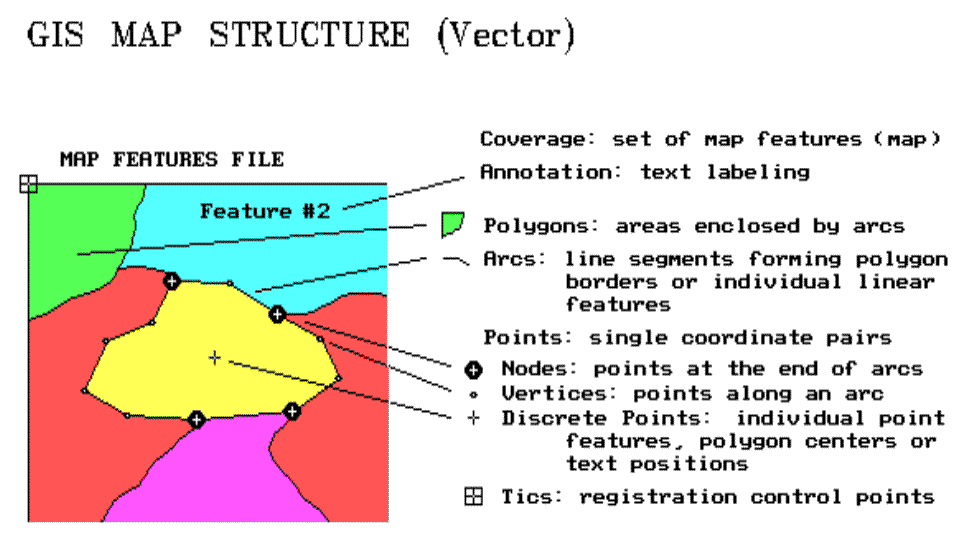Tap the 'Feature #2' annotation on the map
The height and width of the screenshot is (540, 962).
click(265, 211)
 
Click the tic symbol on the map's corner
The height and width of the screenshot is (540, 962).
click(28, 183)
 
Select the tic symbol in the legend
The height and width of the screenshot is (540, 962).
click(474, 496)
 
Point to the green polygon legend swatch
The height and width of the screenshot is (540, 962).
click(452, 224)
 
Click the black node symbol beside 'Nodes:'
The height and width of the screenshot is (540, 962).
click(474, 369)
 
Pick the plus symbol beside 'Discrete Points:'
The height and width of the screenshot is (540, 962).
click(474, 418)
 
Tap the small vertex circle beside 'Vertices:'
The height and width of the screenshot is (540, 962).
click(474, 395)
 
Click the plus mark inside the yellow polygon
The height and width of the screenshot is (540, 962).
click(214, 357)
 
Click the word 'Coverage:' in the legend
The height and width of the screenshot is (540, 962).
click(537, 139)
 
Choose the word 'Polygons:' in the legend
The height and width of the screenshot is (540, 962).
click(541, 226)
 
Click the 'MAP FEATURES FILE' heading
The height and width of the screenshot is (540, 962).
click(172, 160)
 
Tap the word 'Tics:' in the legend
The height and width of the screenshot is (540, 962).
click(531, 496)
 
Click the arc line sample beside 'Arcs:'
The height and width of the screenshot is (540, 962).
click(456, 261)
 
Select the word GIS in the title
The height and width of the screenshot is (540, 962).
click(55, 35)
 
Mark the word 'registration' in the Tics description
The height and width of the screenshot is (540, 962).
click(658, 496)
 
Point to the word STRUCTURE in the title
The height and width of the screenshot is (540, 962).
click(309, 35)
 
